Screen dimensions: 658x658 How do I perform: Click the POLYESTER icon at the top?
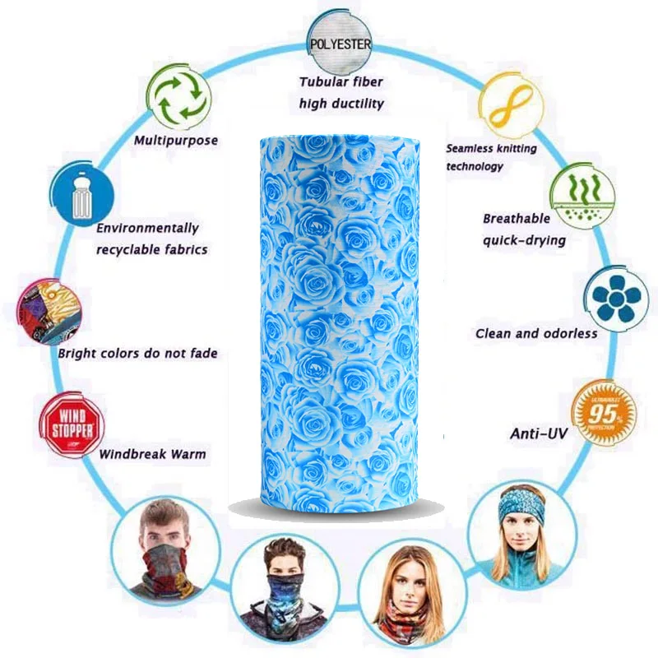(x=340, y=42)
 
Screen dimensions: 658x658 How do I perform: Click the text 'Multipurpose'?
(x=176, y=141)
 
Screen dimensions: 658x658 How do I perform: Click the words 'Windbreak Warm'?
(x=153, y=454)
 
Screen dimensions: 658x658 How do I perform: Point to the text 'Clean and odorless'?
(x=536, y=334)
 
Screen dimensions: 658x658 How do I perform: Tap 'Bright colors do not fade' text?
(x=137, y=354)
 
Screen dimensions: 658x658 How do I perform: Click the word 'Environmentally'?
(x=147, y=229)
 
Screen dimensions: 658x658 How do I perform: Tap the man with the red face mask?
(x=162, y=549)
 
